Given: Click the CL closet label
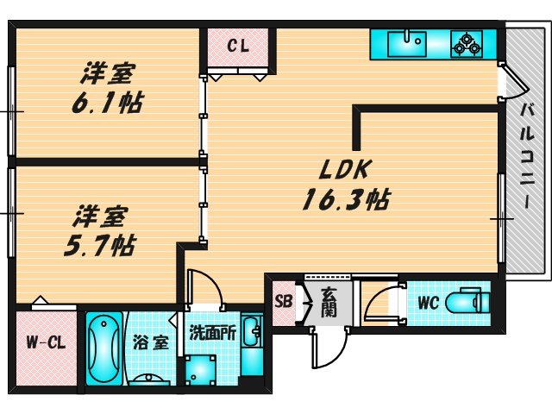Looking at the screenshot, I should (x=238, y=47).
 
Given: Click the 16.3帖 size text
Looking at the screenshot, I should (x=344, y=200).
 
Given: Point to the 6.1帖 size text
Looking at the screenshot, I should (x=107, y=103).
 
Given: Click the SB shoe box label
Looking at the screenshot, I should (x=282, y=302).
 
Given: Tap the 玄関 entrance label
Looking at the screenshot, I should (x=329, y=302).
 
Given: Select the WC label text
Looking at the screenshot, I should (x=429, y=303).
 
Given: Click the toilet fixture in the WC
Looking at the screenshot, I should (x=471, y=303).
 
